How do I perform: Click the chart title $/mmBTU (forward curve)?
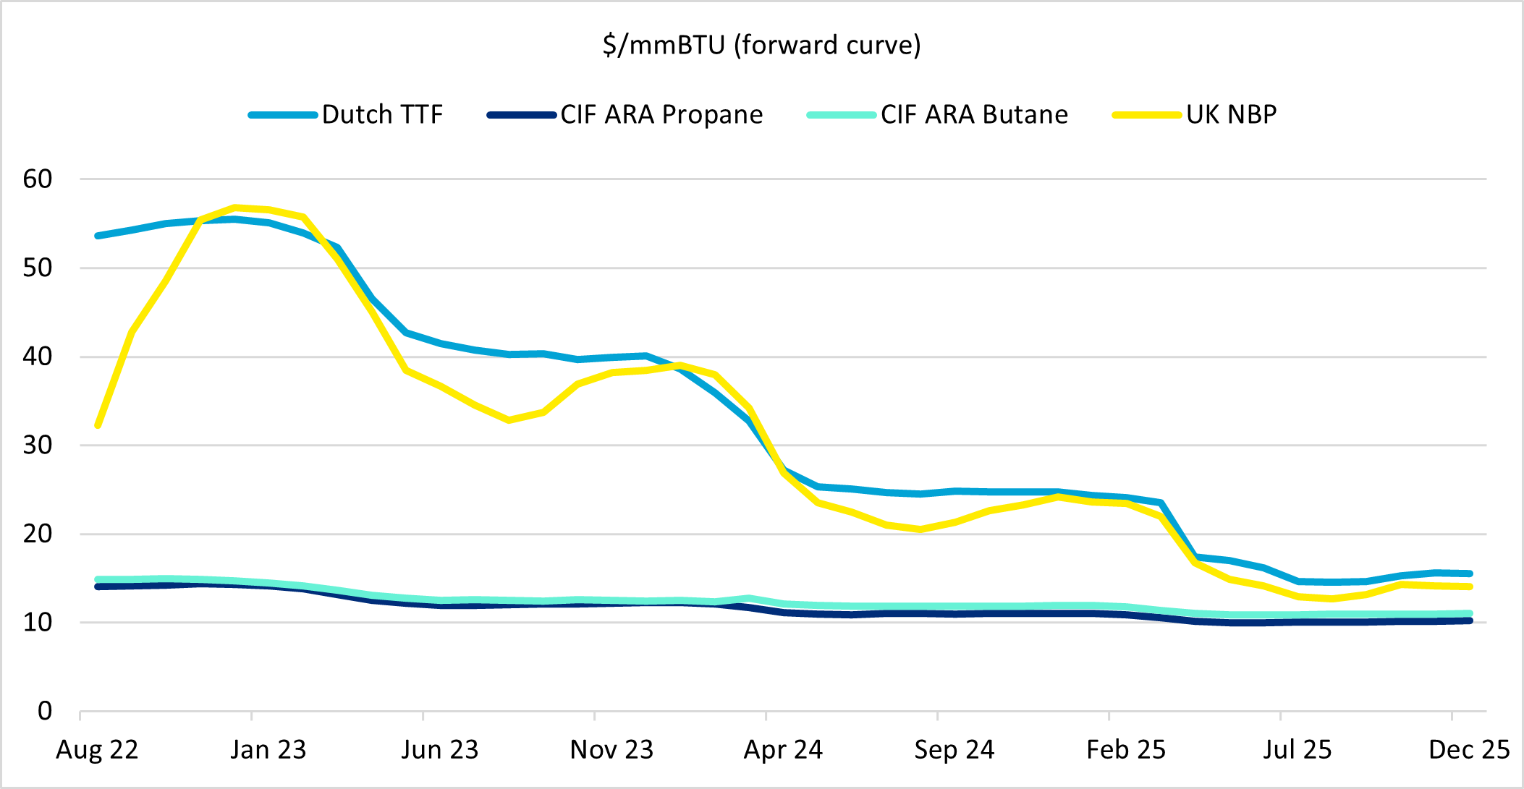pos(761,45)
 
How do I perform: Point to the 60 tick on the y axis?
pos(38,179)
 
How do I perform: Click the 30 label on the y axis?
pos(38,445)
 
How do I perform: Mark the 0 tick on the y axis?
pos(45,711)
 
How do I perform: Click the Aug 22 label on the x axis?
pos(97,750)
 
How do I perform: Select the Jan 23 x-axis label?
pos(268,750)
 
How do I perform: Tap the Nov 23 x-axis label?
pos(611,750)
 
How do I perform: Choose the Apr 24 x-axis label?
pos(783,750)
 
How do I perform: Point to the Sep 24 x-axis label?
pos(954,750)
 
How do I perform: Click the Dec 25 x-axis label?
pos(1469,750)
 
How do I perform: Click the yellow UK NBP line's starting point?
pos(98,425)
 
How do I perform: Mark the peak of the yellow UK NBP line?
pos(234,208)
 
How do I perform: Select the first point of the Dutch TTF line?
pos(98,236)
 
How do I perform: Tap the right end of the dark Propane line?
pos(1470,620)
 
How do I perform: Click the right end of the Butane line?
pos(1470,613)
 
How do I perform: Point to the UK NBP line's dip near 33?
pos(509,420)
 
